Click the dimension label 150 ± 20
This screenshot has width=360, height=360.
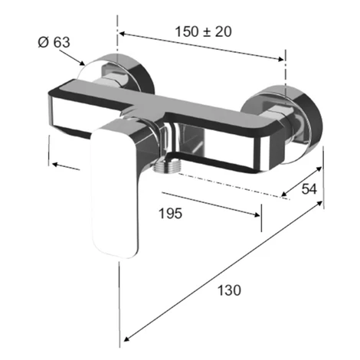pyautogui.click(x=203, y=32)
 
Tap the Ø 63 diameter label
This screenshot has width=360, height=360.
pyautogui.click(x=54, y=42)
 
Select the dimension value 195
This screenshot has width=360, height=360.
pyautogui.click(x=171, y=214)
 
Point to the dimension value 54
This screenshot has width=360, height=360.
pyautogui.click(x=309, y=189)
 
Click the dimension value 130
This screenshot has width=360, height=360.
pyautogui.click(x=229, y=290)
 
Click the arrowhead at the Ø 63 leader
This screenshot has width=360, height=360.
pyautogui.click(x=82, y=63)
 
